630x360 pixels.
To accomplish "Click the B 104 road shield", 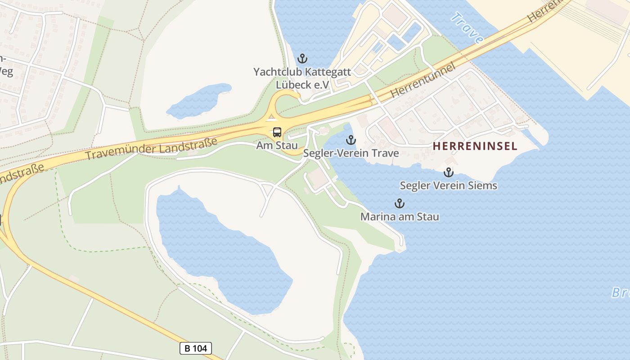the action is tap(196, 348).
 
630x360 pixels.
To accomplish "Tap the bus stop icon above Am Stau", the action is tap(277, 132).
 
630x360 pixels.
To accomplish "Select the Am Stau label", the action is tap(277, 145).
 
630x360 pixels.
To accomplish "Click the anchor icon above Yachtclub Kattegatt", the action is tap(302, 58).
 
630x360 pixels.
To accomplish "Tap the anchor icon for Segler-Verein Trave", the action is tap(351, 140).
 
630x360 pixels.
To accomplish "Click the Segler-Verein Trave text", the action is tap(351, 153).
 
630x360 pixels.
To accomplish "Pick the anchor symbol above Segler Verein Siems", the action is tap(448, 172).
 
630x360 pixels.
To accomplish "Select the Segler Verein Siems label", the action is tap(448, 185).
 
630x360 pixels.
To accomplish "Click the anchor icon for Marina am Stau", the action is tap(399, 204).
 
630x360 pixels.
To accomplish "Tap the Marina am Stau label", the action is tap(400, 217).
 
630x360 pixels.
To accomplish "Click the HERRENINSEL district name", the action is tap(475, 146).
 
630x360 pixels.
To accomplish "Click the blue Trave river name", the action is tap(467, 28).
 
